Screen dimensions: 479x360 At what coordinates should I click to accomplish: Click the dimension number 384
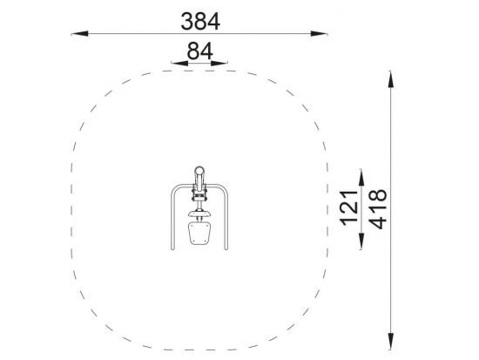pyautogui.click(x=200, y=22)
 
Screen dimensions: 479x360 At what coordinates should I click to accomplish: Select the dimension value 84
pyautogui.click(x=199, y=51)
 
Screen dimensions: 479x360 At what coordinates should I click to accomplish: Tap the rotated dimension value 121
pyautogui.click(x=349, y=208)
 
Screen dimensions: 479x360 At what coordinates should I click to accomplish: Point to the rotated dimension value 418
pyautogui.click(x=378, y=209)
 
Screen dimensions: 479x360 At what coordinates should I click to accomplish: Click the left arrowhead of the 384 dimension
pyautogui.click(x=80, y=34)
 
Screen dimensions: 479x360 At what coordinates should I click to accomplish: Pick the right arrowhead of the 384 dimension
pyautogui.click(x=319, y=34)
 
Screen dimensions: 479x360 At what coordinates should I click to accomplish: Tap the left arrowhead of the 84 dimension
pyautogui.click(x=179, y=64)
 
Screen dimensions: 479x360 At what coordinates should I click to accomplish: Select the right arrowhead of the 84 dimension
pyautogui.click(x=219, y=64)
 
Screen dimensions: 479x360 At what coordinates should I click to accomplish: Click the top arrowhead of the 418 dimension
pyautogui.click(x=390, y=79)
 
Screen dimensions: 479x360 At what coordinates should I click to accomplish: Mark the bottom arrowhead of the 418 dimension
pyautogui.click(x=390, y=341)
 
